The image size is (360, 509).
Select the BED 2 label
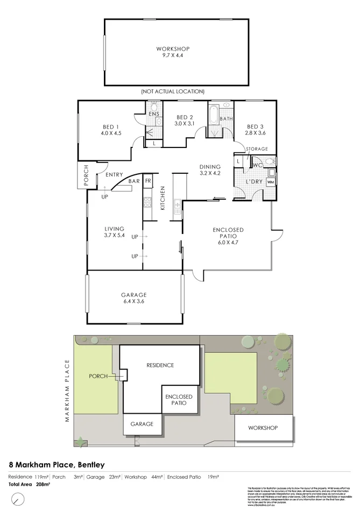click(x=184, y=121)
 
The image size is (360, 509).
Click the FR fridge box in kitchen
click(x=147, y=180)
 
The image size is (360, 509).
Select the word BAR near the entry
click(x=133, y=182)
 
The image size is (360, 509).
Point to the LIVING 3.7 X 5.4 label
click(x=114, y=232)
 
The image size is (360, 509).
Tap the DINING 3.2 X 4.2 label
click(x=210, y=170)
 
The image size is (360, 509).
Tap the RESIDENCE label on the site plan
click(x=160, y=365)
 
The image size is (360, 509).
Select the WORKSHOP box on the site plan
click(x=263, y=428)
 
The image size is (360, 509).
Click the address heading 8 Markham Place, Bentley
click(x=57, y=464)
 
